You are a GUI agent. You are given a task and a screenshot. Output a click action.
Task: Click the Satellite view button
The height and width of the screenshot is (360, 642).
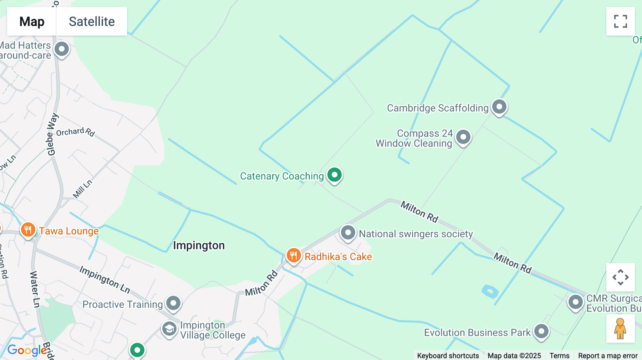pyautogui.click(x=92, y=21)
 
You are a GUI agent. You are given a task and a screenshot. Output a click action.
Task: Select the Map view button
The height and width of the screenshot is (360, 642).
pyautogui.click(x=32, y=21)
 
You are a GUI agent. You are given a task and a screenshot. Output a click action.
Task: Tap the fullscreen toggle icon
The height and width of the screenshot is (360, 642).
pyautogui.click(x=620, y=21)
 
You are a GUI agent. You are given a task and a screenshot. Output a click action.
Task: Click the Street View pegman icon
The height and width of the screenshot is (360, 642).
pyautogui.click(x=620, y=329)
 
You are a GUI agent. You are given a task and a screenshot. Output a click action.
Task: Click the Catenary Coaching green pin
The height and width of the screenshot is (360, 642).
pyautogui.click(x=335, y=175)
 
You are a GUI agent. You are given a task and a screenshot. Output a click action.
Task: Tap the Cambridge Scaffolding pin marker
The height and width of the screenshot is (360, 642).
pyautogui.click(x=499, y=107)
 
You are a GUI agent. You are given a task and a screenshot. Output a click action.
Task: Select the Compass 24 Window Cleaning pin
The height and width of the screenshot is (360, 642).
pyautogui.click(x=463, y=137)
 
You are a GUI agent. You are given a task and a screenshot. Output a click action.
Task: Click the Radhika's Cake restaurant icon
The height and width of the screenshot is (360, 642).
pyautogui.click(x=294, y=256)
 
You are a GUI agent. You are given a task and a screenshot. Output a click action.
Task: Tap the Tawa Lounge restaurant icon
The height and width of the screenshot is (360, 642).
pyautogui.click(x=28, y=230)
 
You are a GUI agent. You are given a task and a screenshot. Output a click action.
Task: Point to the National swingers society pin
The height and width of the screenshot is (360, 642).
pyautogui.click(x=348, y=233)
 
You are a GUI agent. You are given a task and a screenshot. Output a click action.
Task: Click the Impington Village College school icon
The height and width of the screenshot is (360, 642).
pyautogui.click(x=169, y=329)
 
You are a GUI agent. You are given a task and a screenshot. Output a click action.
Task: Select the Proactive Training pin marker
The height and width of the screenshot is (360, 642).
pyautogui.click(x=173, y=303)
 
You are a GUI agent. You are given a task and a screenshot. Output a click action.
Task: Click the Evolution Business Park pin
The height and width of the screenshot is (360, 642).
pyautogui.click(x=541, y=331)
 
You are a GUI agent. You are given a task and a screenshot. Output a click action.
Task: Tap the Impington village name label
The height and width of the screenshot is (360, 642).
pyautogui.click(x=199, y=245)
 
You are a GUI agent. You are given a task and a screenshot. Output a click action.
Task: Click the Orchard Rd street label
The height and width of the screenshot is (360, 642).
pyautogui.click(x=75, y=132)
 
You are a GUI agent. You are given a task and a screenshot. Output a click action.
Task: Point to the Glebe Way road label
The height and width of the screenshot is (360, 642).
pyautogui.click(x=52, y=134)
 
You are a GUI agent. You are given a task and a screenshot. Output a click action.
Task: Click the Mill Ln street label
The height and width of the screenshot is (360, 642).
pyautogui.click(x=82, y=189)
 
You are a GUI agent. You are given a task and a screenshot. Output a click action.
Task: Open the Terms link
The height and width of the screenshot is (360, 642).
pyautogui.click(x=559, y=355)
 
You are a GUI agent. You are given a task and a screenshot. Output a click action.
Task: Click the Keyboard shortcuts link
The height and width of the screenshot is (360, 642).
pyautogui.click(x=448, y=355)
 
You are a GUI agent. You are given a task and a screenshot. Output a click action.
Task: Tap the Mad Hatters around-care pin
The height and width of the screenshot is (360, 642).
pyautogui.click(x=62, y=49)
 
